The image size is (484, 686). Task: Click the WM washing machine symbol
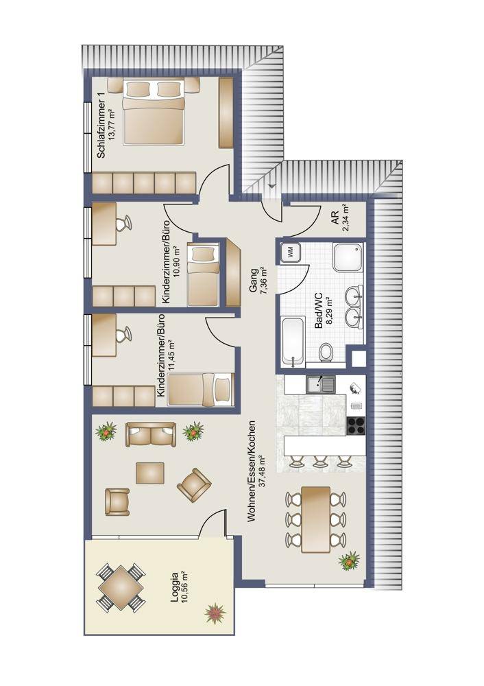[289, 252]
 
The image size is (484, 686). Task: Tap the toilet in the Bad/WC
[325, 352]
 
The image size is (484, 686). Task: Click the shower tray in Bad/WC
[348, 257]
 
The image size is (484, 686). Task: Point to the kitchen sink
[320, 385]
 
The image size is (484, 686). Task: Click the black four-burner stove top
[356, 426]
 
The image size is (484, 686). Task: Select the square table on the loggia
[120, 587]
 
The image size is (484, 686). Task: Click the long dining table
[316, 519]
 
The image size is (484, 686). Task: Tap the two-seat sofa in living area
[151, 434]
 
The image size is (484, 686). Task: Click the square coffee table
[150, 473]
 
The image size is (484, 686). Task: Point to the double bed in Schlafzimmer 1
[153, 112]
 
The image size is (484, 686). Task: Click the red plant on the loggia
[215, 613]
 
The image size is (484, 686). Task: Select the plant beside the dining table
[349, 560]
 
